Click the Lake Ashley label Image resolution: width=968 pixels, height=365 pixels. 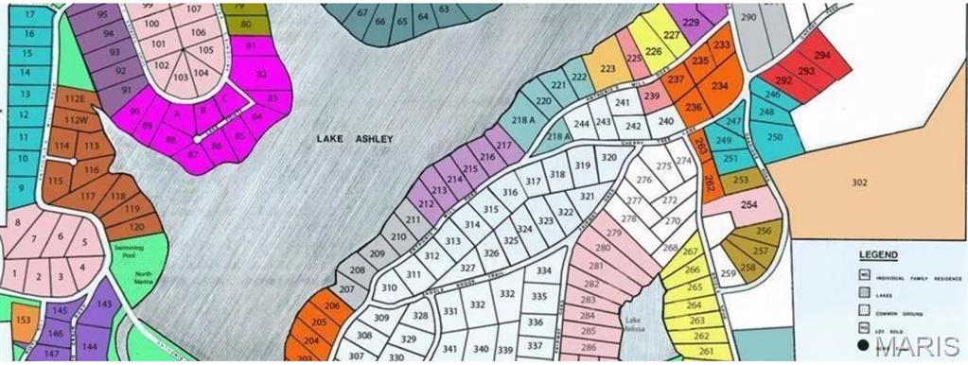click(354, 139)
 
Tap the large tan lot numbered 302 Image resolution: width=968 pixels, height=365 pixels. click(858, 182)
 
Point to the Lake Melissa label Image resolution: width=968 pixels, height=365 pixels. click(639, 323)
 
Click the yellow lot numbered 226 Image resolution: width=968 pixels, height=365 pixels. click(653, 52)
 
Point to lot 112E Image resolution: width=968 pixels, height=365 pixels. click(75, 98)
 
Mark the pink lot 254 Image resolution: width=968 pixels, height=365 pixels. click(749, 204)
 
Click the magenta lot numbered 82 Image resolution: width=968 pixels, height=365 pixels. click(261, 72)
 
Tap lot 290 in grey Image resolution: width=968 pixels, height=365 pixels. click(748, 18)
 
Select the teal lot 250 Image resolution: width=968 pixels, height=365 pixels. click(775, 136)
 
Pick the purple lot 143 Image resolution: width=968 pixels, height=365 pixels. click(103, 304)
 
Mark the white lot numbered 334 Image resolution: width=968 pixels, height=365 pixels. click(543, 271)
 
